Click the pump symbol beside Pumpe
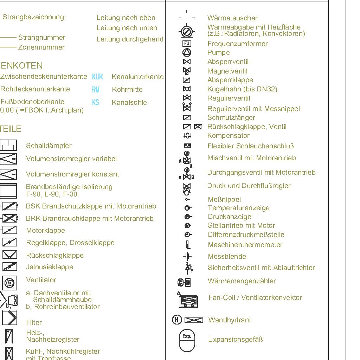(x=187, y=53)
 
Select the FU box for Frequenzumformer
(x=187, y=44)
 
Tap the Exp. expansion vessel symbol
(x=187, y=340)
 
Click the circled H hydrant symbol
(x=177, y=320)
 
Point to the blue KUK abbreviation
(x=97, y=77)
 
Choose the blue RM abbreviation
(x=96, y=90)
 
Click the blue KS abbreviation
(x=96, y=102)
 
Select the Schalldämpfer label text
(x=49, y=146)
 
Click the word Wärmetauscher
(x=232, y=18)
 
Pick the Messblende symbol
(x=187, y=256)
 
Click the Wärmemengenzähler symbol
(x=184, y=282)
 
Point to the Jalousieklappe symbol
(x=9, y=267)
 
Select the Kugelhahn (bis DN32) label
(x=242, y=89)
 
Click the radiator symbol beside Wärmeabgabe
(x=187, y=32)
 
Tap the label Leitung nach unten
(x=127, y=28)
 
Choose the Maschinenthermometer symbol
(x=188, y=245)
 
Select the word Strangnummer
(x=41, y=37)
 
